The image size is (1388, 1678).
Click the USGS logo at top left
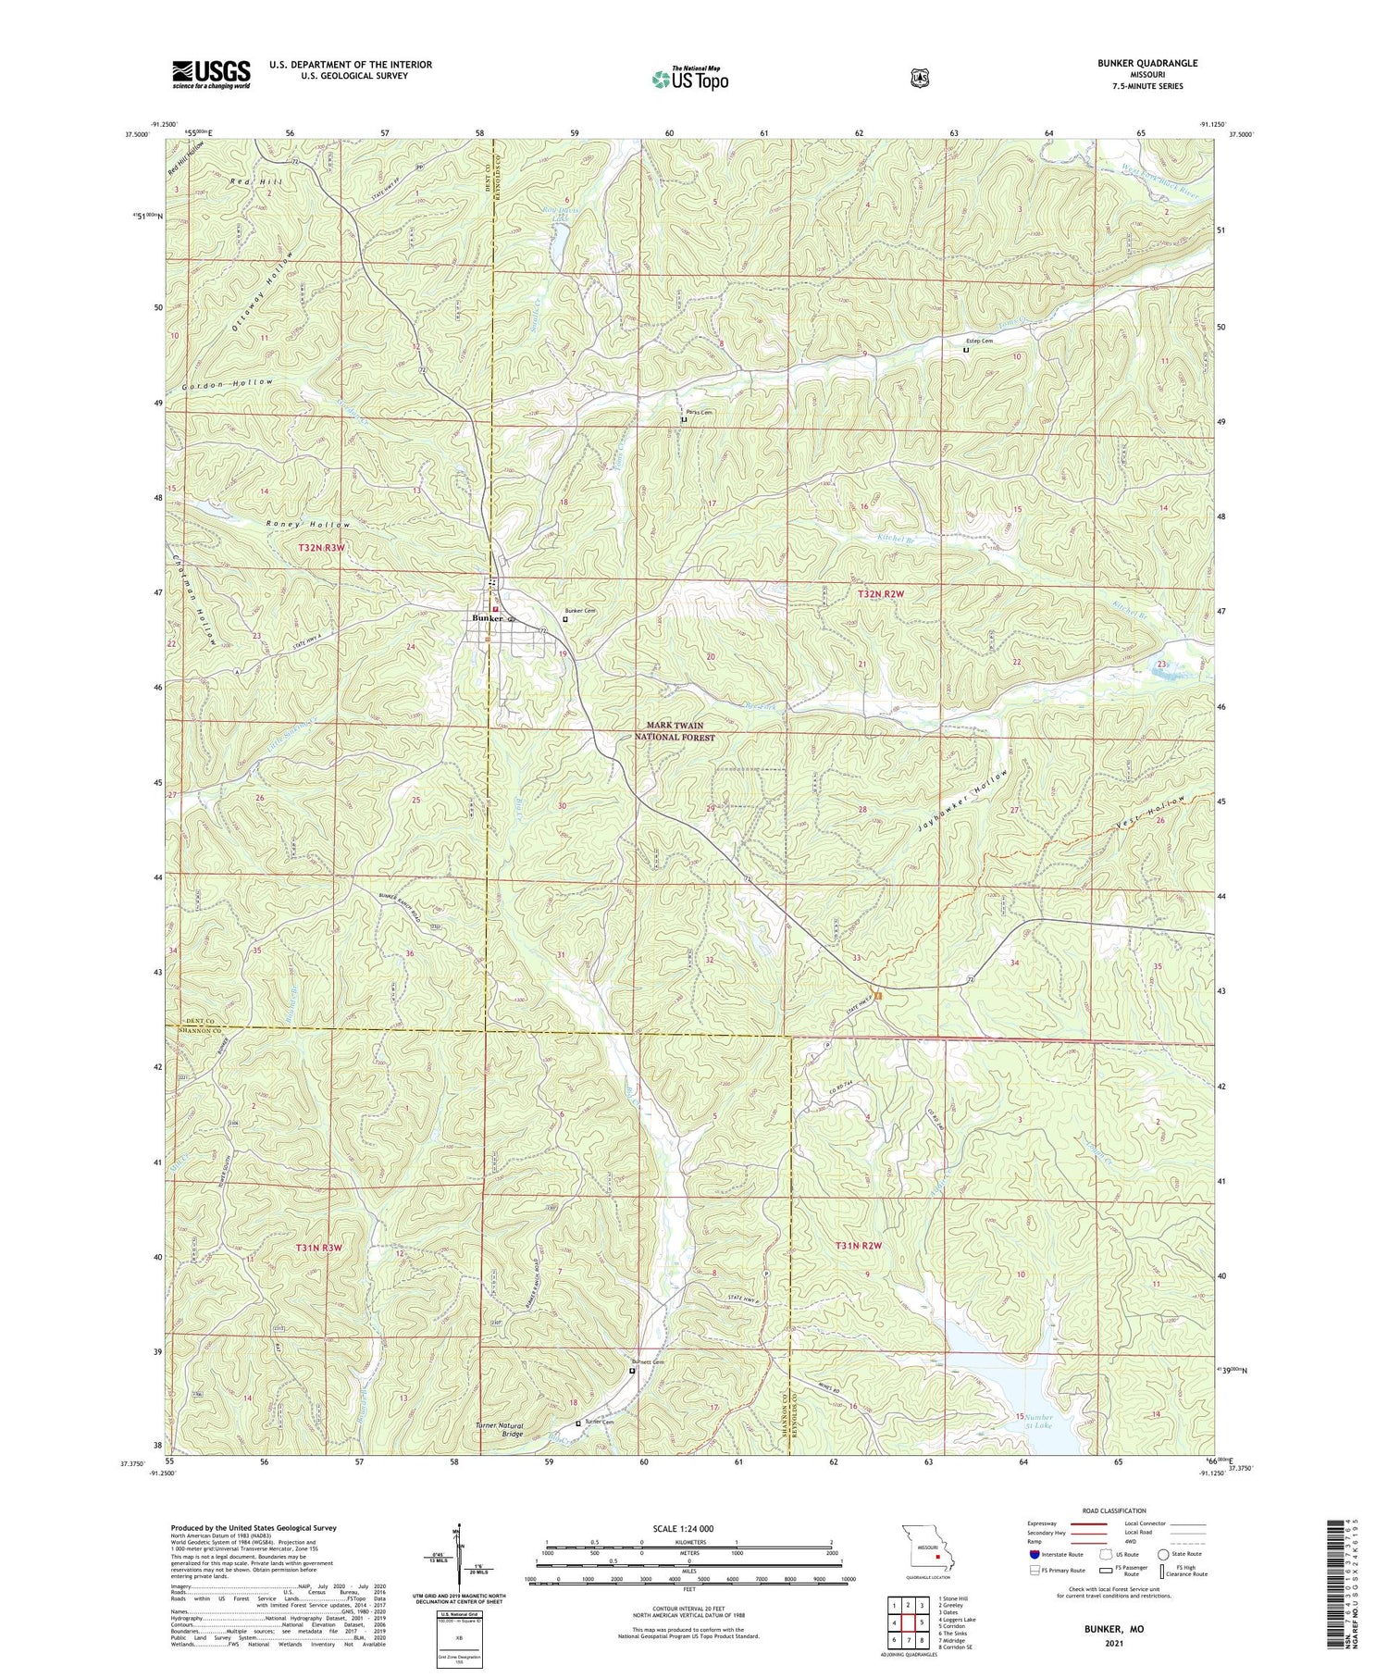point(211,73)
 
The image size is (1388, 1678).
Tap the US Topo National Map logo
point(688,79)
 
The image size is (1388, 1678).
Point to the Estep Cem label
point(980,341)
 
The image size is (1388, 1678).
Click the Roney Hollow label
point(308,525)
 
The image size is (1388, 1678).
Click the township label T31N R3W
point(319,1248)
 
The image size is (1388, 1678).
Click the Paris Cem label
point(699,412)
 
